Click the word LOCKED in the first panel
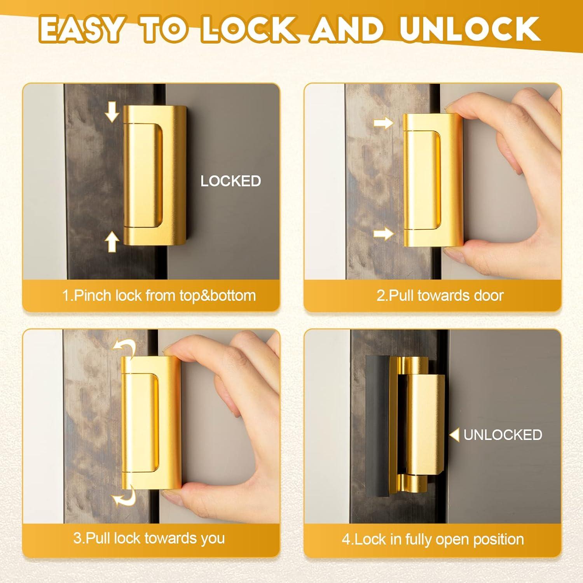click(x=230, y=181)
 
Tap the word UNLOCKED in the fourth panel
click(x=503, y=435)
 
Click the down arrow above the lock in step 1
click(x=112, y=112)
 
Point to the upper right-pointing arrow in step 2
click(x=383, y=123)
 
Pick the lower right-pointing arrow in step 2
click(x=383, y=234)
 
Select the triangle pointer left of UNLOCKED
click(x=454, y=435)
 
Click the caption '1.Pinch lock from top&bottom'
click(x=159, y=295)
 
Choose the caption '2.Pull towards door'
click(x=440, y=295)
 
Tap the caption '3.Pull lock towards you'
click(x=149, y=538)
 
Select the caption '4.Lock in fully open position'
click(x=433, y=539)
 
